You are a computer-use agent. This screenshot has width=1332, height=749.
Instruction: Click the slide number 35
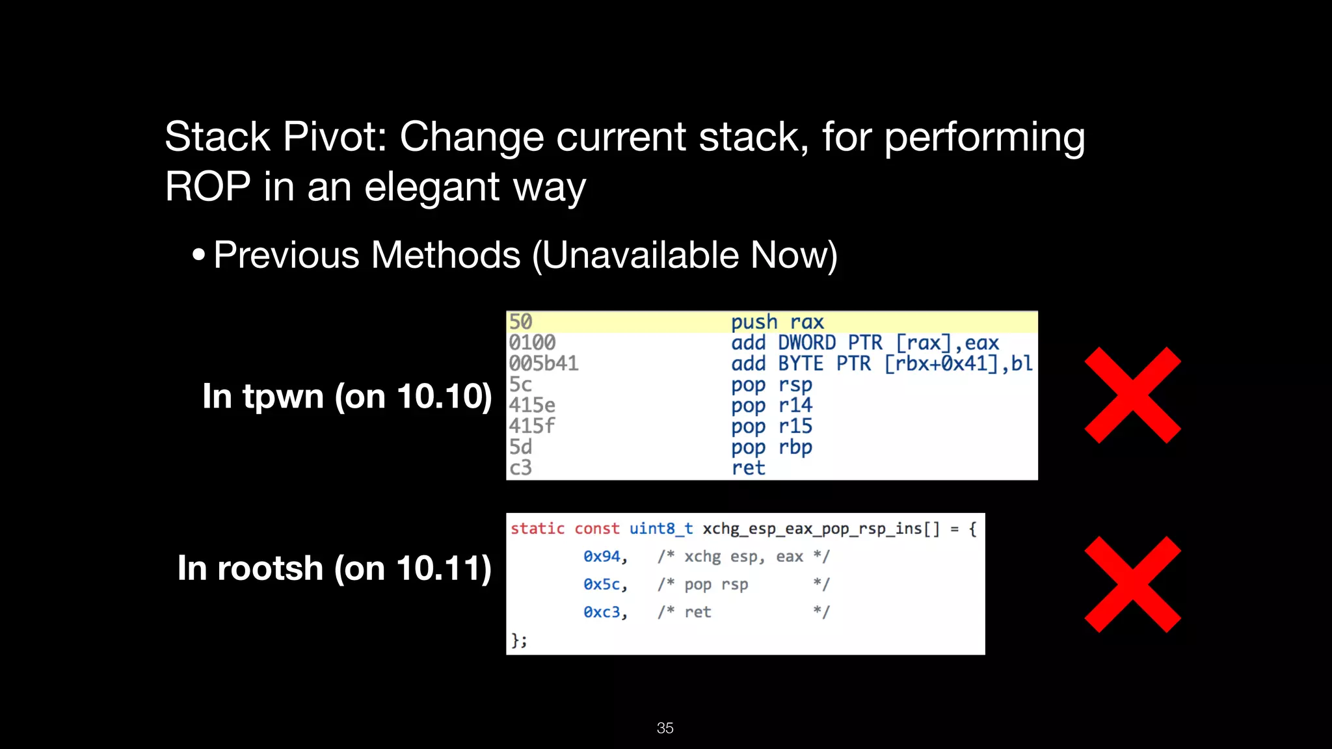coord(665,728)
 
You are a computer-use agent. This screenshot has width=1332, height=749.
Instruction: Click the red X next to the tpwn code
coord(1132,395)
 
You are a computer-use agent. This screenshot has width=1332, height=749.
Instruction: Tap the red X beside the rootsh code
coord(1132,584)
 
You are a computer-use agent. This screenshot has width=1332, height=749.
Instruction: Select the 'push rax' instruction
coord(777,322)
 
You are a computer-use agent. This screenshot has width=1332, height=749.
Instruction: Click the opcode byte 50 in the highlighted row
coord(520,322)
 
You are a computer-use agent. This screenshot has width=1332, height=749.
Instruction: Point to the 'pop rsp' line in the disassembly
coord(771,384)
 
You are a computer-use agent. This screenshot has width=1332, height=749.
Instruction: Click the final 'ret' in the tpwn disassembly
coord(748,467)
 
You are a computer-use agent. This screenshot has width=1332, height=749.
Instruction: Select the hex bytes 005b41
coord(543,363)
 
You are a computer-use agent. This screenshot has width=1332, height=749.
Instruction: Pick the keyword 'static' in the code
coord(537,529)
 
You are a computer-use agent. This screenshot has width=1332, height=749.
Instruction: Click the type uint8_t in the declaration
coord(661,529)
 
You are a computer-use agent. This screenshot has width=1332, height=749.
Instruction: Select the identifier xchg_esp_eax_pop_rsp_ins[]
coord(821,529)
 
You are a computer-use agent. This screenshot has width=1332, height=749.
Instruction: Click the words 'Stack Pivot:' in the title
coord(276,137)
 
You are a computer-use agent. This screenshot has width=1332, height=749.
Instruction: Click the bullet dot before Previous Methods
coord(199,254)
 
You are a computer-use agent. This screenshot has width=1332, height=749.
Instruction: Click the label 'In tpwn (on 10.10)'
coord(347,396)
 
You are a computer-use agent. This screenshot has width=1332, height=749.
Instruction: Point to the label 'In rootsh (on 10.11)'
coord(334,568)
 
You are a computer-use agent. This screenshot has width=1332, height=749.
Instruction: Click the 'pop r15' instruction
coord(771,426)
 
